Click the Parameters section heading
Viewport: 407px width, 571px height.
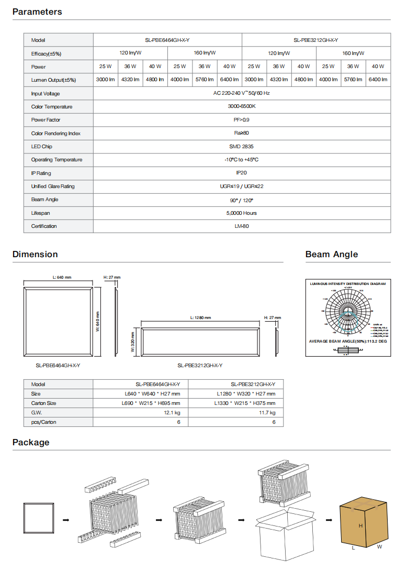37,12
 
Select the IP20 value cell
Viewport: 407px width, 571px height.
242,173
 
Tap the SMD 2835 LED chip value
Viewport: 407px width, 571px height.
242,147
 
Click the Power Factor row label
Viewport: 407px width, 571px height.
46,120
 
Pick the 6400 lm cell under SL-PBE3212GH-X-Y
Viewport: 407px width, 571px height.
378,80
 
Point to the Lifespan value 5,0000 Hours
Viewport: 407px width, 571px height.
242,213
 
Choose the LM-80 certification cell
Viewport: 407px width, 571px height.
242,226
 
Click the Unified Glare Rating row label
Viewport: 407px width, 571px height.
53,186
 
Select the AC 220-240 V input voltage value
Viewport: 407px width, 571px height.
242,93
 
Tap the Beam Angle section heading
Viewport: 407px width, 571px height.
332,254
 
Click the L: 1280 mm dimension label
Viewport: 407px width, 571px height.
200,318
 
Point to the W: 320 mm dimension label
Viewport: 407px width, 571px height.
133,342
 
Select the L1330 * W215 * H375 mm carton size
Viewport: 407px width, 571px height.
245,403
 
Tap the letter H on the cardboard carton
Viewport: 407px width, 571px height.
360,525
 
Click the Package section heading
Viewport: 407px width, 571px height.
31,442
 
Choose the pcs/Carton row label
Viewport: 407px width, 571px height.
43,422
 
